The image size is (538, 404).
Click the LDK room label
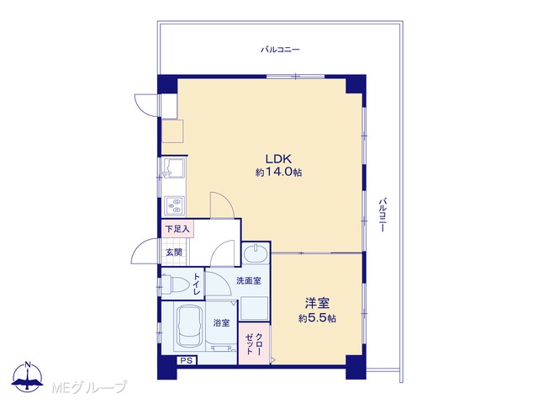278,159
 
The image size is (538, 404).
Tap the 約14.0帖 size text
278,172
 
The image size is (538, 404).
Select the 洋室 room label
318,303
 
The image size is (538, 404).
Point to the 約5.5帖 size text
317,318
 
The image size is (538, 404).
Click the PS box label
187,360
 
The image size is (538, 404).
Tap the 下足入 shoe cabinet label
177,228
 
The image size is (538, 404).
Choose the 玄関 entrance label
174,252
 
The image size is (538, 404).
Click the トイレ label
197,284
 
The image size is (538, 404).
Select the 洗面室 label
249,280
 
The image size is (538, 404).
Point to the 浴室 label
221,323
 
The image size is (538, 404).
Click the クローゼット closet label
254,343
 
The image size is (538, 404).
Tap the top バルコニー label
280,50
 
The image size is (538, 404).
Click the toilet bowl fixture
174,284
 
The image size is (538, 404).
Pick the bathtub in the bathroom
188,327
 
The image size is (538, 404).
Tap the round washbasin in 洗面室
256,253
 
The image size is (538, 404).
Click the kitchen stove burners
174,205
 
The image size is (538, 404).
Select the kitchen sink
174,167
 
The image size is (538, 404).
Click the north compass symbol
28,377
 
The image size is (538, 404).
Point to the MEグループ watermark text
90,387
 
